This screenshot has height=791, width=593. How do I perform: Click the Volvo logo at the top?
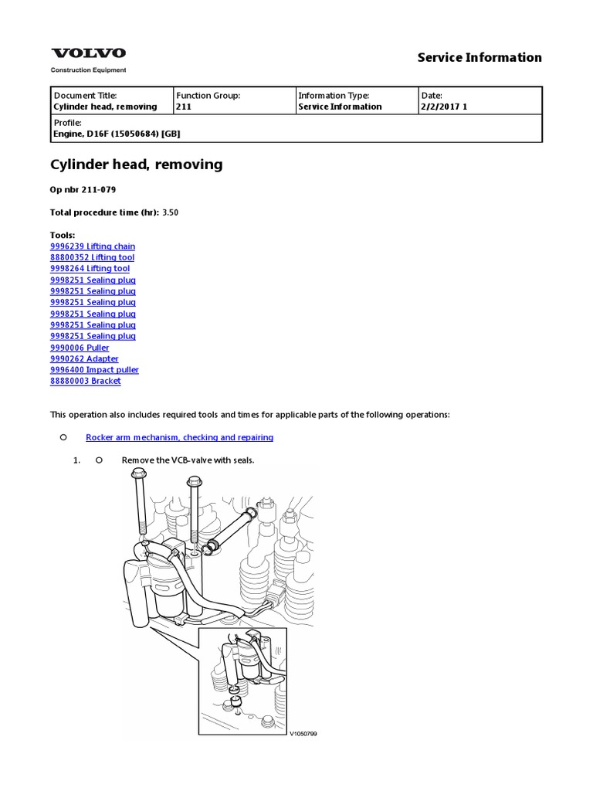coord(88,53)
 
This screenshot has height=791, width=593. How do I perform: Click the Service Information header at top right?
coord(479,57)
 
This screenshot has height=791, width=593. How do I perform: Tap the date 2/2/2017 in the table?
coord(437,107)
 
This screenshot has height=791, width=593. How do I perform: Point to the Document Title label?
coord(85,95)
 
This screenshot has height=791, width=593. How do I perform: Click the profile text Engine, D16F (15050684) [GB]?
coord(117,133)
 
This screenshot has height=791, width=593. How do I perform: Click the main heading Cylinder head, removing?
coord(136,164)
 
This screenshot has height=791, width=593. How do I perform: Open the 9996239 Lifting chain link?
coord(92,246)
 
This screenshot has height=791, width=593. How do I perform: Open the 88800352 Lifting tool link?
coord(92,257)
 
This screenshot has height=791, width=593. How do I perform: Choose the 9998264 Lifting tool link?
coord(90,268)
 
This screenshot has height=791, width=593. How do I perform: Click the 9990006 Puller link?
coord(80,348)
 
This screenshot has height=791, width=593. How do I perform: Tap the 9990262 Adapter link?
coord(84,358)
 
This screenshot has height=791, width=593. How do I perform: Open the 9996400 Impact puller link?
coord(94,370)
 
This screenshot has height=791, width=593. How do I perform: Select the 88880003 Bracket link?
coord(85,381)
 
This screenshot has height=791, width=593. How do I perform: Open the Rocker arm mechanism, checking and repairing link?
coord(179,437)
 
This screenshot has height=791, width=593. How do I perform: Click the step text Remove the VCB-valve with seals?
coord(188,460)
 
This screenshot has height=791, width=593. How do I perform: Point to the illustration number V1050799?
coord(303,733)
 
